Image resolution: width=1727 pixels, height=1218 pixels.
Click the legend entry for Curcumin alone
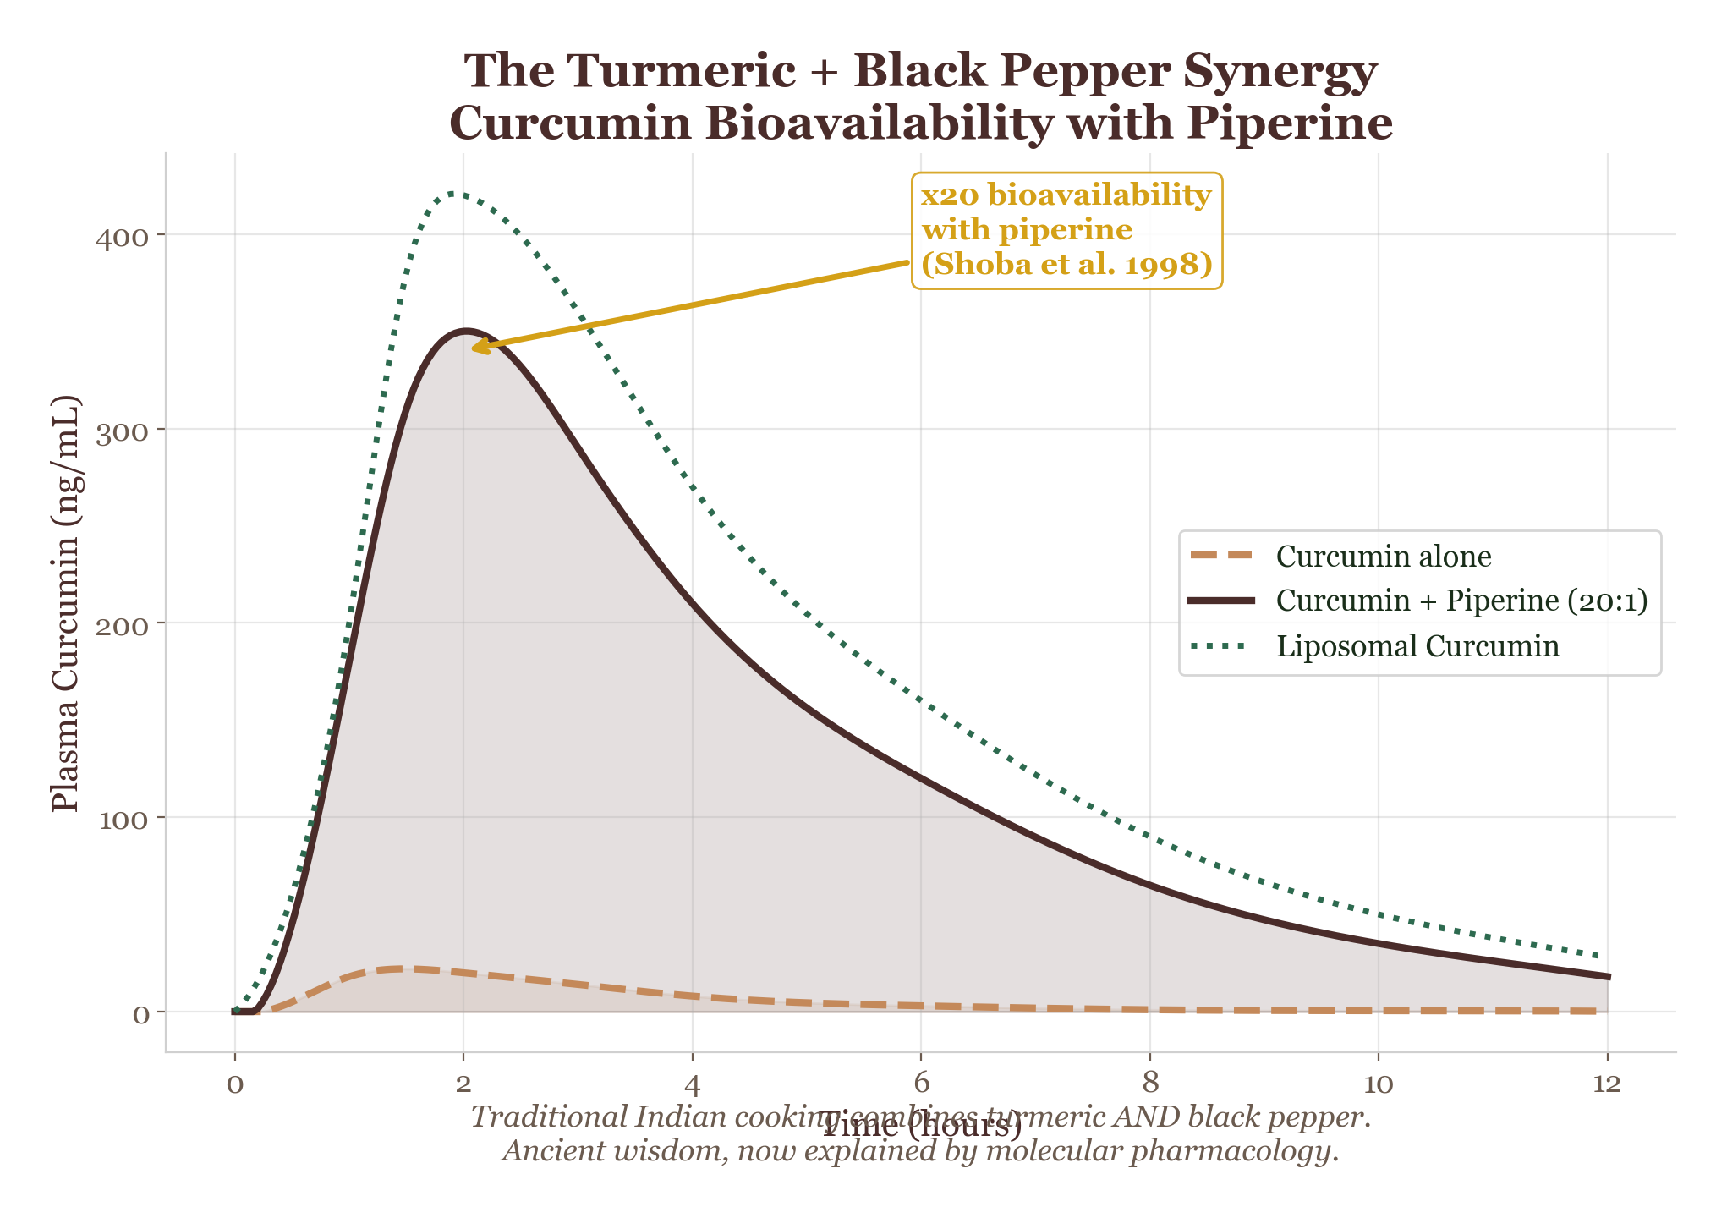coord(1383,557)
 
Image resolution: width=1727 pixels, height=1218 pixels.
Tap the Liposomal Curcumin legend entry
coord(1417,646)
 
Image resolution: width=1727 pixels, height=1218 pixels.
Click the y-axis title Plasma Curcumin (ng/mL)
coord(66,603)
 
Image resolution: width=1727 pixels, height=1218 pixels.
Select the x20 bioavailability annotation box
coord(1066,230)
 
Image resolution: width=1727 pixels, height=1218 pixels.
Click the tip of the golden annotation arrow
coord(472,348)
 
